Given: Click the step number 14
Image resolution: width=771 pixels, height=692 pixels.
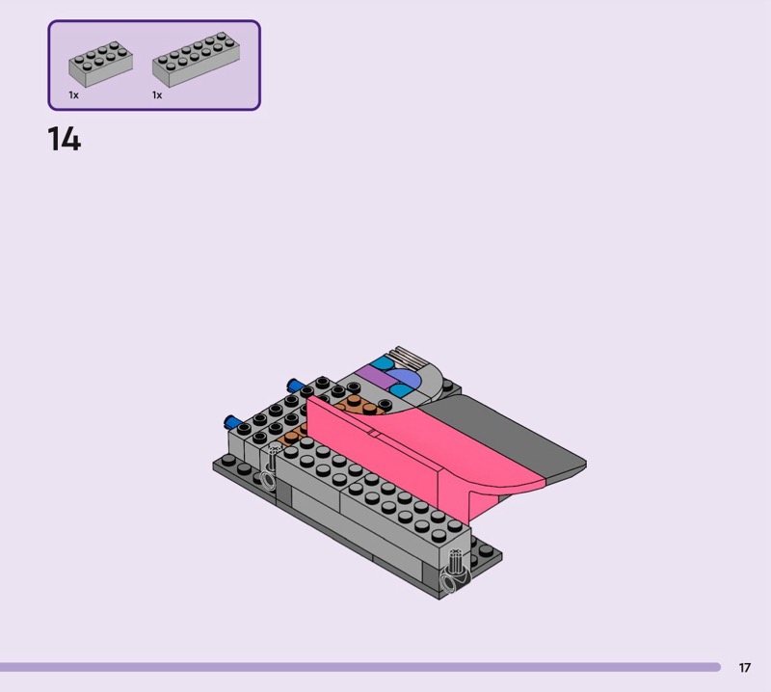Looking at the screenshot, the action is (65, 139).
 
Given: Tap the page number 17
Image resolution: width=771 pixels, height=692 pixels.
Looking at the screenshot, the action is (744, 667).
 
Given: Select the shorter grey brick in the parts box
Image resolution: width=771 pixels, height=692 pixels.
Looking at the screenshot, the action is (101, 64).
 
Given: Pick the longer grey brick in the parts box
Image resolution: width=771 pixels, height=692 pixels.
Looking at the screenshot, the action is (196, 60).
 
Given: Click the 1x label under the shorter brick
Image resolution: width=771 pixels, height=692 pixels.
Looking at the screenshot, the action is (74, 94).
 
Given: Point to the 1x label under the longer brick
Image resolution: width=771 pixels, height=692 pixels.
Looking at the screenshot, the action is (157, 94).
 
